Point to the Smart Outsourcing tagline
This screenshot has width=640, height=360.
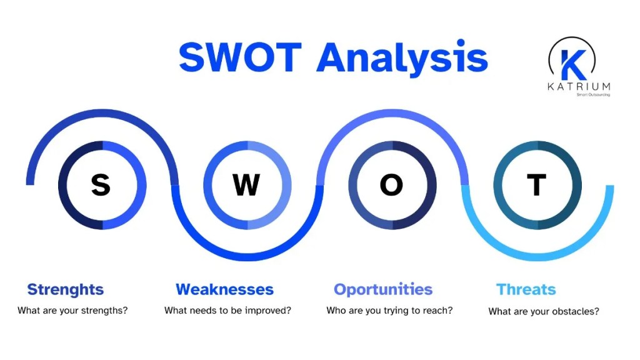(x=592, y=94)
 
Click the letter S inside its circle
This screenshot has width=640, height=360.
(x=101, y=185)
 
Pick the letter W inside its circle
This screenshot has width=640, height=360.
(x=246, y=185)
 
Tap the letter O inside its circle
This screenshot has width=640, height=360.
(x=392, y=185)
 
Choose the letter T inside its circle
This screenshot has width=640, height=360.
(x=536, y=185)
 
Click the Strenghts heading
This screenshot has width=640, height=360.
(x=66, y=289)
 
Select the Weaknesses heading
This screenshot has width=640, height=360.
(x=224, y=289)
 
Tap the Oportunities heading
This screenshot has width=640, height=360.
(x=383, y=289)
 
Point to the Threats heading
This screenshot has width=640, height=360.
(x=526, y=289)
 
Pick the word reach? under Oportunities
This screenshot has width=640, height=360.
(x=439, y=310)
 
